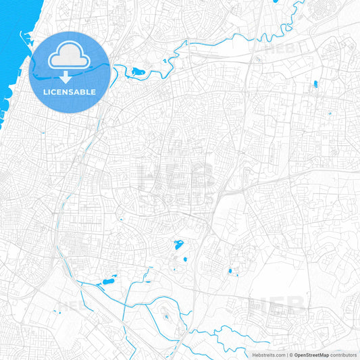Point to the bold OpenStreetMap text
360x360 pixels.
point(311,355)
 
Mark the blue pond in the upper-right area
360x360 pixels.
point(315,85)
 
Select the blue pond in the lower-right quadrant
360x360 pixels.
point(230,271)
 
